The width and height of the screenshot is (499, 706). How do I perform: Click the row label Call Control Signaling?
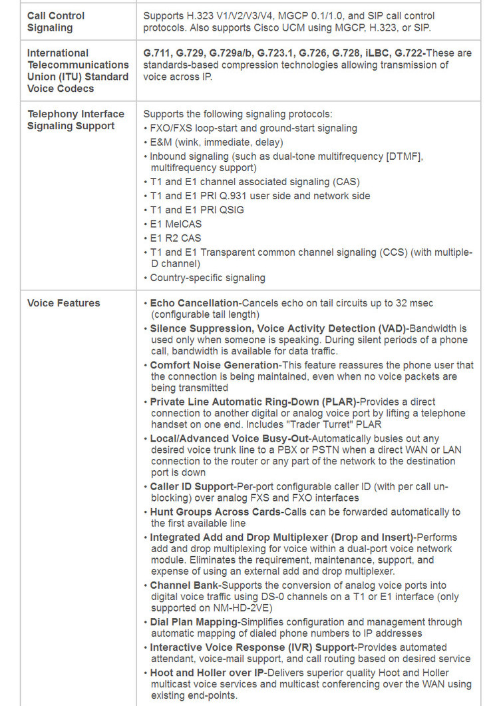[56, 21]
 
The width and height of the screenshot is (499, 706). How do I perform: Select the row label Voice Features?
[63, 303]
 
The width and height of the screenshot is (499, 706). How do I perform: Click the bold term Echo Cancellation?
[194, 303]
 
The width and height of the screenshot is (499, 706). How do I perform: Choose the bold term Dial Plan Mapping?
[194, 622]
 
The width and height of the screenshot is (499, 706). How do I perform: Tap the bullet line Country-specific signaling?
[208, 278]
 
